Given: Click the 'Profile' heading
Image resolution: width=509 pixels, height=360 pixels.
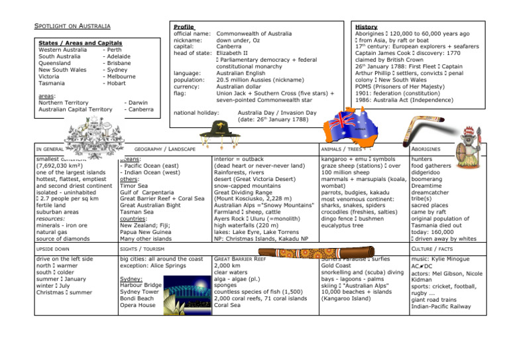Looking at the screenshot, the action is click(x=183, y=27).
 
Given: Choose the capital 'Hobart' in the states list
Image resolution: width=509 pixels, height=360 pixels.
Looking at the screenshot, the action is click(x=115, y=84).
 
